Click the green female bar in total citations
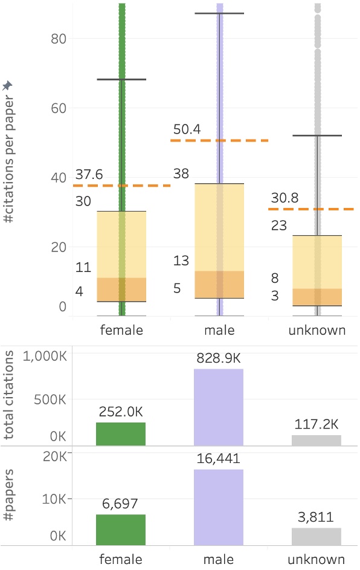point(121,434)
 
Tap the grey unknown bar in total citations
point(317,440)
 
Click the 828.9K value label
point(218,358)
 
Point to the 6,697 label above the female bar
point(121,504)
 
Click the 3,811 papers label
point(317,517)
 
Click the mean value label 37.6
point(88,175)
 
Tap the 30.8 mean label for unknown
point(284,198)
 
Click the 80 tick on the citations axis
point(56,39)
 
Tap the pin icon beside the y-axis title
point(7,86)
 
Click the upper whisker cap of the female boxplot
point(121,79)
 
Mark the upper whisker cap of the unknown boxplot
point(317,135)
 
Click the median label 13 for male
point(181,261)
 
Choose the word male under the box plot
point(219,331)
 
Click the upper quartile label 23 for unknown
point(278,225)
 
